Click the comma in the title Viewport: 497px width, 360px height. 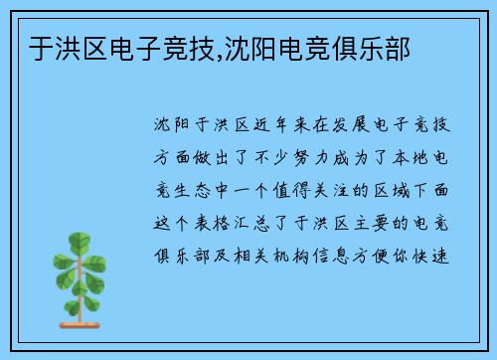coord(214,53)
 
